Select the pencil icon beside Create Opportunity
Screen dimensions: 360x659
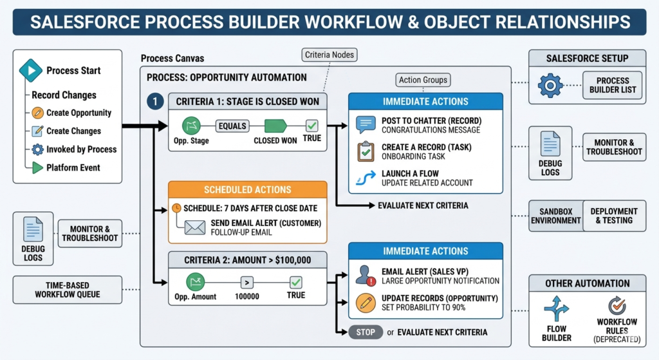click(37, 113)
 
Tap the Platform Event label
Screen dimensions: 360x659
click(73, 167)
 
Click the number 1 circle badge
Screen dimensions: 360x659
click(154, 101)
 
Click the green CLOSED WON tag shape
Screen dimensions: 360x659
click(275, 126)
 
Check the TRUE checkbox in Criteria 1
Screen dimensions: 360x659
click(311, 126)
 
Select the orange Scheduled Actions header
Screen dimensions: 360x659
click(247, 190)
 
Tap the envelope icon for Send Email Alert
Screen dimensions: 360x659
click(194, 227)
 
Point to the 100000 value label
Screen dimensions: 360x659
click(247, 296)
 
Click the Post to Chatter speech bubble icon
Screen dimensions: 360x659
click(366, 125)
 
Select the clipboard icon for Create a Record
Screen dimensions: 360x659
click(366, 152)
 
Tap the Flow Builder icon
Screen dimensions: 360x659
click(556, 309)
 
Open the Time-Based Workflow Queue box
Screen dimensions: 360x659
click(68, 289)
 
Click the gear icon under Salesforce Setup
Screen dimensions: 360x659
click(550, 85)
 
